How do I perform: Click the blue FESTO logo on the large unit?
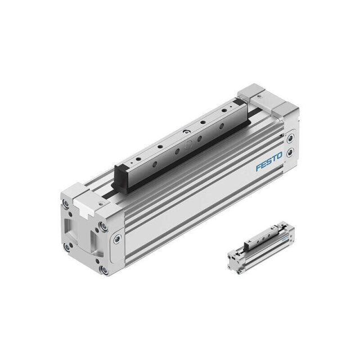pyautogui.click(x=269, y=161)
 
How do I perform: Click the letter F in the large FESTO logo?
pyautogui.click(x=259, y=167)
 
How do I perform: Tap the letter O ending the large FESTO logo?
pyautogui.click(x=279, y=156)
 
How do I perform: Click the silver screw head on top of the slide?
pyautogui.click(x=186, y=132)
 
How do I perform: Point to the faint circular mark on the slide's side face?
pyautogui.click(x=188, y=145)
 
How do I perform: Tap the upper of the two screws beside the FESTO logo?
pyautogui.click(x=290, y=138)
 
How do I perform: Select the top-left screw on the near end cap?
pyautogui.click(x=66, y=204)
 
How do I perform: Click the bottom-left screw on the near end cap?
pyautogui.click(x=67, y=247)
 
